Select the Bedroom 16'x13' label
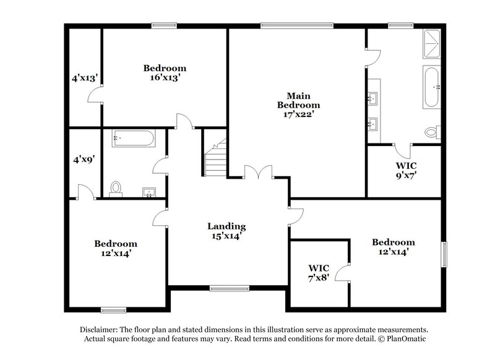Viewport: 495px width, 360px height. point(165,73)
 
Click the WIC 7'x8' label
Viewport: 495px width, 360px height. point(319,273)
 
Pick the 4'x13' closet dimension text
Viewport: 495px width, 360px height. point(84,78)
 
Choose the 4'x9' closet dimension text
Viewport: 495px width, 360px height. point(84,159)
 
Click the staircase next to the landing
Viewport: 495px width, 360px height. point(216,158)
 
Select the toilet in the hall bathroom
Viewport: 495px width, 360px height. point(116,188)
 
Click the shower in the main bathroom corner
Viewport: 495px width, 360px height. point(432,45)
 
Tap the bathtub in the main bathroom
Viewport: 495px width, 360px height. point(431,87)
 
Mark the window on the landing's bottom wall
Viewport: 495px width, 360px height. point(229,288)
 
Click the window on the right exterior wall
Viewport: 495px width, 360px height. point(443,254)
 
